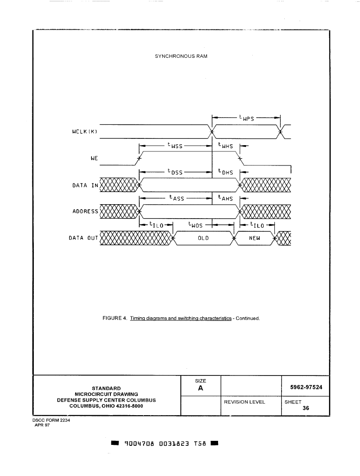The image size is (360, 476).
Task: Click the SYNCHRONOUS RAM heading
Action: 181,56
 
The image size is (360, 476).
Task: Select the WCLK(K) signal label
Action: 85,132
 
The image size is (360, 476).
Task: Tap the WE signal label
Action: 95,158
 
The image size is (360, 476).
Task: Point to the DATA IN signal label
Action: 85,185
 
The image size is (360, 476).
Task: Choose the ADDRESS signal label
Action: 85,211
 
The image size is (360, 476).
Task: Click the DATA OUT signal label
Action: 83,238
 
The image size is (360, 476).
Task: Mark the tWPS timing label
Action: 246,118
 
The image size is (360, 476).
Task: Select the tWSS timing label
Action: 175,146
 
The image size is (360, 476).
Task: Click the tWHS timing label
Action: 226,146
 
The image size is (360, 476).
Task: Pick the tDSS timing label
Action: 175,172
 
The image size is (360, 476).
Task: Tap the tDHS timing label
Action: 226,172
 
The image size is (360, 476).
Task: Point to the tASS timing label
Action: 177,198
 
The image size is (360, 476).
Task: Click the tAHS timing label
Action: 226,198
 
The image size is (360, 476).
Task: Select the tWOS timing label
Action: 196,224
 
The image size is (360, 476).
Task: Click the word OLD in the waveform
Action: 203,238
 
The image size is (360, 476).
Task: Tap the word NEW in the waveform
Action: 255,238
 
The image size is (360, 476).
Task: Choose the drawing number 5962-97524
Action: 306,387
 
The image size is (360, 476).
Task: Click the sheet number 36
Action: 305,408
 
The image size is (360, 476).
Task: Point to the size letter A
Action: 201,388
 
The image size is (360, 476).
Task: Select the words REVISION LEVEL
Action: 244,402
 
